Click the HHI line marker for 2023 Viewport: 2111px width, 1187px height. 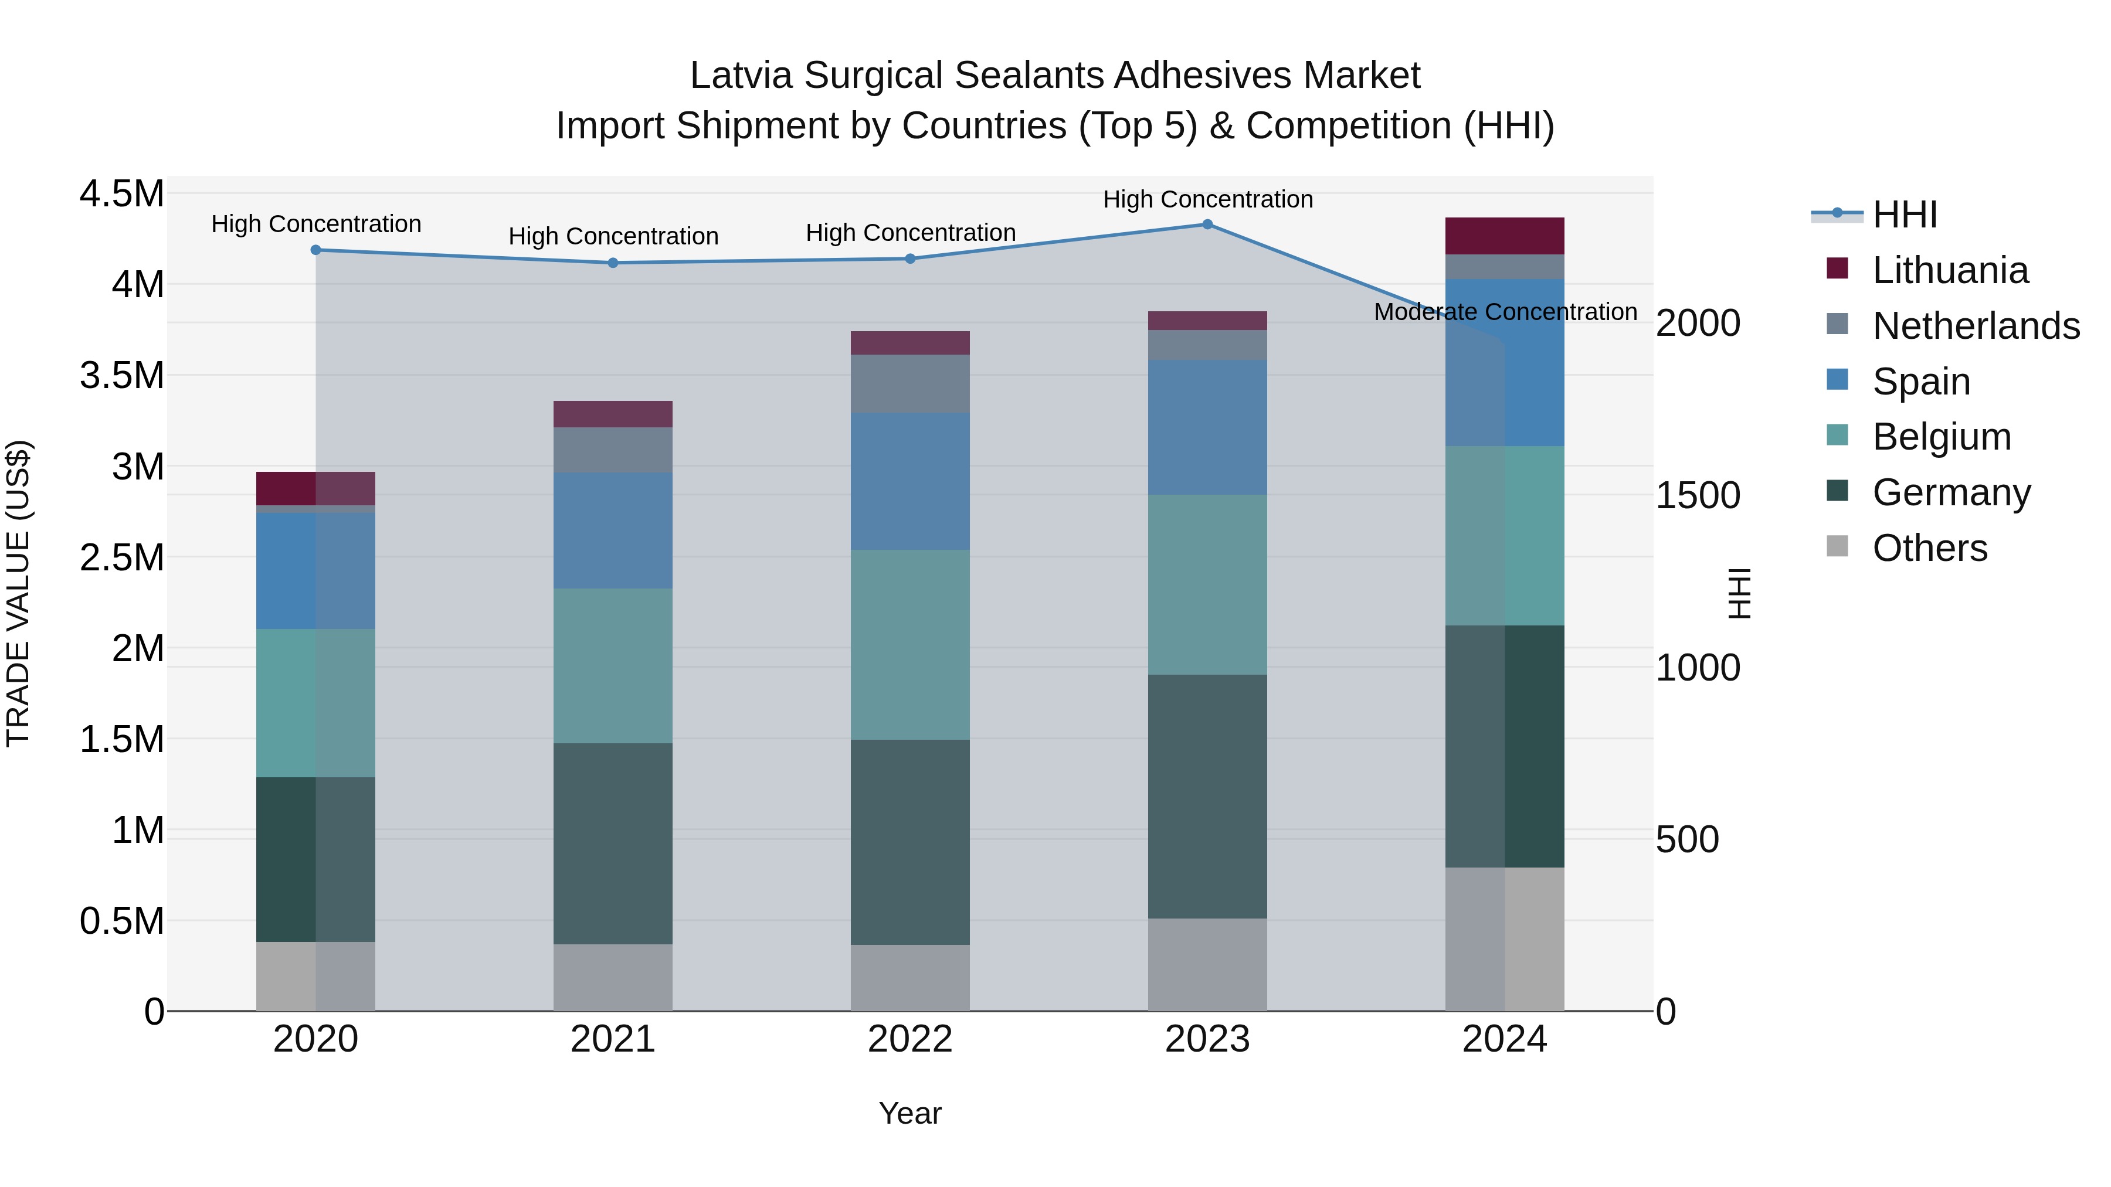coord(1207,225)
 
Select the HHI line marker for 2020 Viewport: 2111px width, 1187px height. coord(315,250)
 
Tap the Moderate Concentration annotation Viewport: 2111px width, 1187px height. coord(1505,312)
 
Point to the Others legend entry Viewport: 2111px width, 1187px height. coord(1929,548)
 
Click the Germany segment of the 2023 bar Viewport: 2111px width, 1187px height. coord(1207,796)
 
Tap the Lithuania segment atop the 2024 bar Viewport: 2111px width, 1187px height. coord(1505,236)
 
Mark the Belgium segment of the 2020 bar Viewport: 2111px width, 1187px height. coord(315,703)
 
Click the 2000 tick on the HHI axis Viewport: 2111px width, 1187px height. coord(1697,324)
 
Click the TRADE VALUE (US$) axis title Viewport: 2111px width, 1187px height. coord(18,593)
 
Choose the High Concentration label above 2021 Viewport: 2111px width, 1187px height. coord(613,237)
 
